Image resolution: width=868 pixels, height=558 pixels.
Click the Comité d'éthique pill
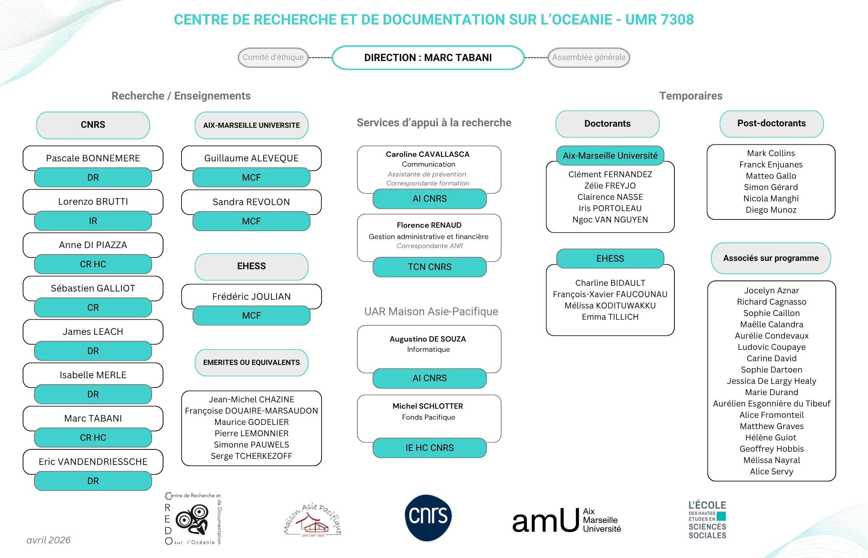point(273,57)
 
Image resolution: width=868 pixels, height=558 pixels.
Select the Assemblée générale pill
point(589,57)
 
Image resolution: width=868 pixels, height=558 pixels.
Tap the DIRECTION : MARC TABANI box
point(428,58)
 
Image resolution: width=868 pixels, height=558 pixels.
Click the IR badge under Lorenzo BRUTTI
point(93,221)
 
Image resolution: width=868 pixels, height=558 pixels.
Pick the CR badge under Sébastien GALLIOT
point(93,308)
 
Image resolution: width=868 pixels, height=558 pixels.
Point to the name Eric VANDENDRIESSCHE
point(93,461)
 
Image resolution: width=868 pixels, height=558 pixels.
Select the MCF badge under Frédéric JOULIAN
point(251,316)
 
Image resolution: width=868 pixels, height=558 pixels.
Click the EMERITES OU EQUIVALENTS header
point(251,362)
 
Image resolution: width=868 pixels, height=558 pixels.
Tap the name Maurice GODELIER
point(251,422)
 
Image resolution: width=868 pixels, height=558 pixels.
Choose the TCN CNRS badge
point(429,267)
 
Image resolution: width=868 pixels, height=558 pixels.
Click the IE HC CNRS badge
point(429,448)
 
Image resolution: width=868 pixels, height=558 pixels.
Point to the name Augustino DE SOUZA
point(428,339)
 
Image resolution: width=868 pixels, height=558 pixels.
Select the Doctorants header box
point(607,124)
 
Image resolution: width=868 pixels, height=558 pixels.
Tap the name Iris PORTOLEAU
point(610,208)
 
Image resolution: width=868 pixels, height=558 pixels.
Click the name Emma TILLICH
point(610,317)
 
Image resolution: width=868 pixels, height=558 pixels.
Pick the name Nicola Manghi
point(771,198)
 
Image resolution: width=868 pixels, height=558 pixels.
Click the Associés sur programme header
point(771,258)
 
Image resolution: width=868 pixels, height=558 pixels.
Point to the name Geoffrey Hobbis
point(771,449)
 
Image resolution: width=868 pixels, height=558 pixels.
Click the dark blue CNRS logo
point(428,517)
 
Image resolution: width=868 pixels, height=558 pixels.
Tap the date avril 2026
point(49,540)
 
